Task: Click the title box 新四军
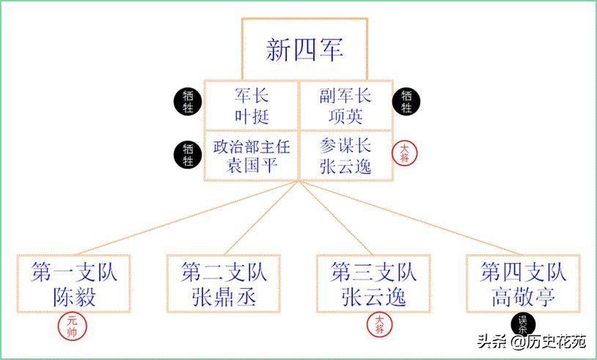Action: (304, 49)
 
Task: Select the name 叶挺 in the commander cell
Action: (252, 116)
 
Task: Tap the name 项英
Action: (345, 116)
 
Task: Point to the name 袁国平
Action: (251, 165)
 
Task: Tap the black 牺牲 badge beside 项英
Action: (406, 102)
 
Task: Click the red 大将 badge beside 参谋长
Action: (406, 153)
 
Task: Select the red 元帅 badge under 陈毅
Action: (71, 326)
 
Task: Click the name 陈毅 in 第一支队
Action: (75, 297)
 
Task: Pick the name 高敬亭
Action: (524, 297)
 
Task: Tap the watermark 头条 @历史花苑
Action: (532, 342)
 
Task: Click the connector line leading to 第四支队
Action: (418, 221)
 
